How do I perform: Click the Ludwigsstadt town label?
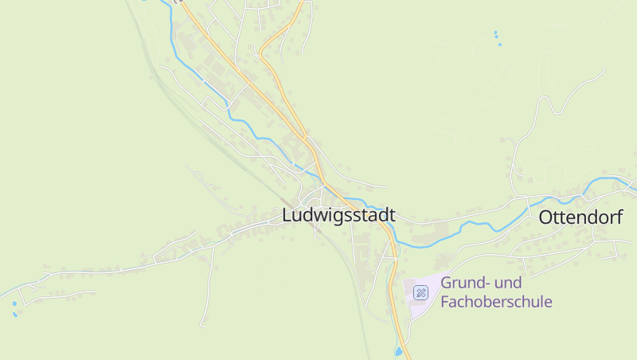point(338,216)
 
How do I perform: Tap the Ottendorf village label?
point(580,217)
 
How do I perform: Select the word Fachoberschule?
point(496,302)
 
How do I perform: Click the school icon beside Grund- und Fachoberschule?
point(420,292)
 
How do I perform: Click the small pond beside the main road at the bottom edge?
point(398,351)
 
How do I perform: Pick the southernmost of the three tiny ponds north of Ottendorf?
point(499,44)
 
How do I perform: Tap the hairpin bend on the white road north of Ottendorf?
point(544,100)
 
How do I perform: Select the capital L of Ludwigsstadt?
point(287,216)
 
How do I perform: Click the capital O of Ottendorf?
point(546,217)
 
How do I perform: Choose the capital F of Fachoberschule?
point(445,302)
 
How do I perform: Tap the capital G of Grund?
point(447,283)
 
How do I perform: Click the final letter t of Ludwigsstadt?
point(392,216)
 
